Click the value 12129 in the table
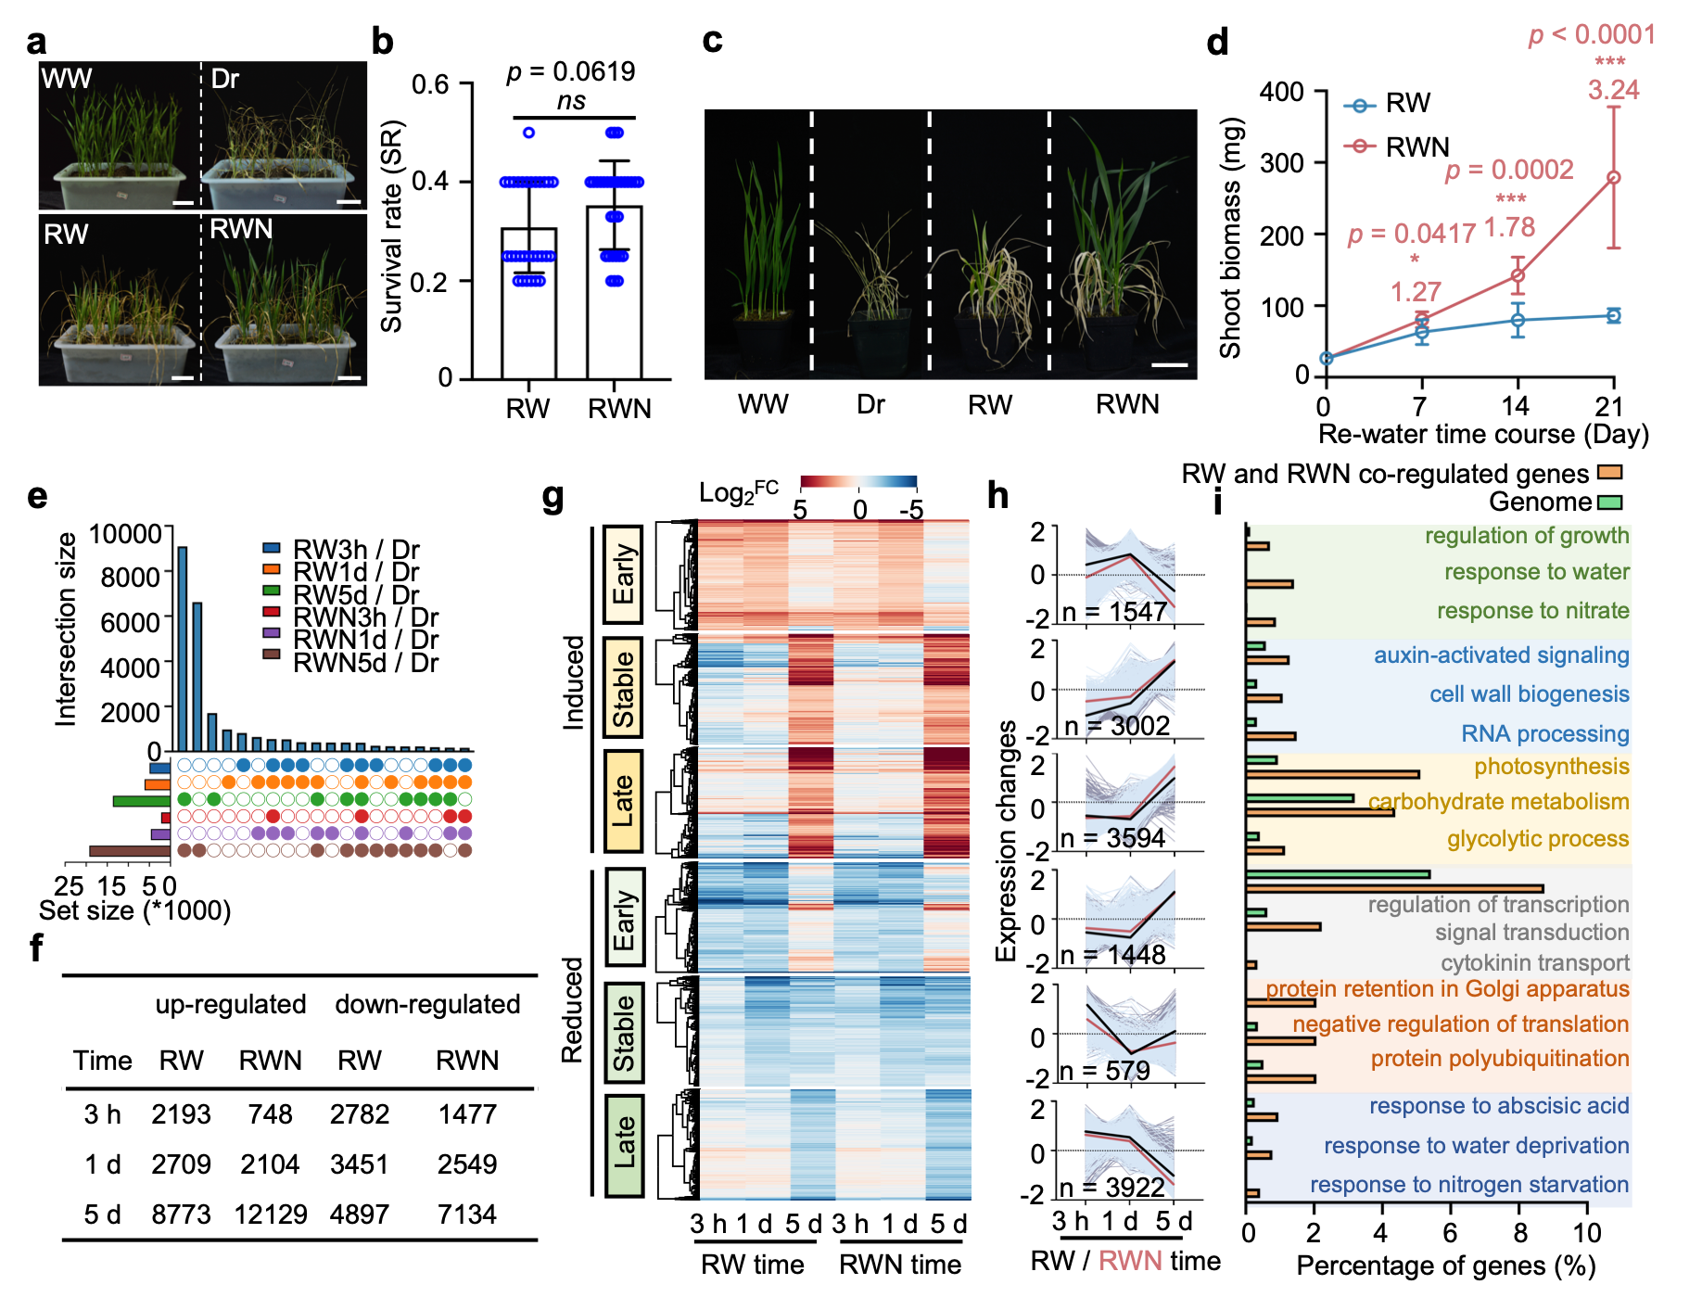tap(270, 1214)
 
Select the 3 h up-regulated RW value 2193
tap(181, 1114)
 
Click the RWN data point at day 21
tap(1613, 177)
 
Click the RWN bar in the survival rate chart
tap(614, 292)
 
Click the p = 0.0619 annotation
tap(570, 71)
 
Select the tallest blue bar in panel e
tap(183, 648)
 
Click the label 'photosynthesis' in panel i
tap(1551, 767)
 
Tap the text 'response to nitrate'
tap(1532, 611)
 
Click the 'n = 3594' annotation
tap(1112, 839)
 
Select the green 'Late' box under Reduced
tap(624, 1144)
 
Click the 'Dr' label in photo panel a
tap(225, 79)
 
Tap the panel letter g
tap(553, 498)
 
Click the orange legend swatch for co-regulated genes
tap(1609, 473)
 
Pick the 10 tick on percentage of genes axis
tap(1587, 1234)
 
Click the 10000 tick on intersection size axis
tap(125, 534)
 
